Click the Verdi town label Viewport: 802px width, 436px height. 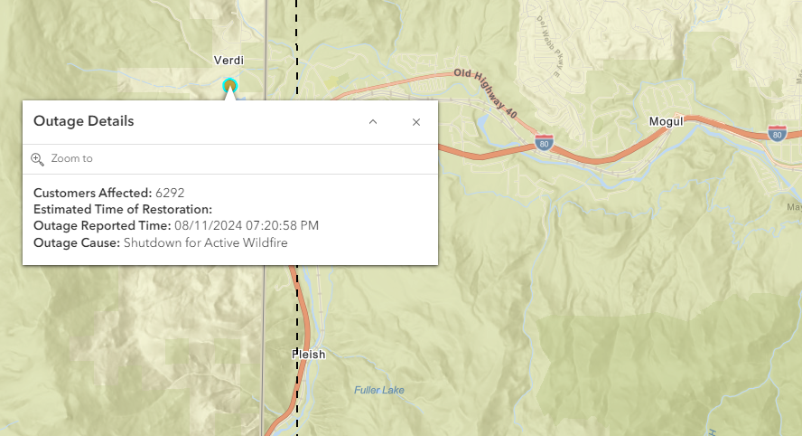pos(228,60)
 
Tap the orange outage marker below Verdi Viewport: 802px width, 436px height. pos(230,85)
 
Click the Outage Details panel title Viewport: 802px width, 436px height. pos(83,121)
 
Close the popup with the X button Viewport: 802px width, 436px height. pos(416,122)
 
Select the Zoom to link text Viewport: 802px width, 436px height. pos(71,158)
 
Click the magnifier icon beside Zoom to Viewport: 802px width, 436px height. pos(37,158)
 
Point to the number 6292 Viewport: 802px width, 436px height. pos(170,193)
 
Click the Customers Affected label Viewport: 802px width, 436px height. pos(92,193)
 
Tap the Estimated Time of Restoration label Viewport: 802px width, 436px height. pos(122,209)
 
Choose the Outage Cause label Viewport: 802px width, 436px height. pos(76,242)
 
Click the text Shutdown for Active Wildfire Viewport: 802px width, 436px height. pos(206,242)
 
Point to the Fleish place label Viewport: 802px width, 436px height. pos(309,355)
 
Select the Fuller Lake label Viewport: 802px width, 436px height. pos(378,390)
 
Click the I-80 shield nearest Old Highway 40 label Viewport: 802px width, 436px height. pos(544,143)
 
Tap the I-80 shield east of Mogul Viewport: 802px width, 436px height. pos(777,133)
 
